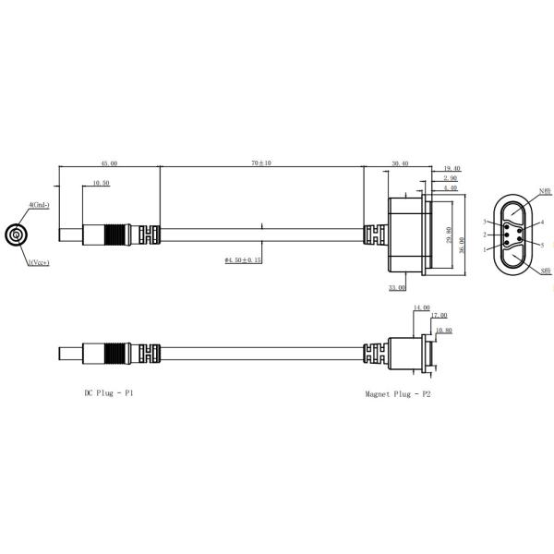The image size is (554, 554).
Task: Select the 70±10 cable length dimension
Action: [260, 163]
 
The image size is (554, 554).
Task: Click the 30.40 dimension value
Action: [399, 163]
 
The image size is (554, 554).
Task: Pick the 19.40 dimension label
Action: [452, 168]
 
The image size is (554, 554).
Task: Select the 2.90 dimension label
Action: [452, 177]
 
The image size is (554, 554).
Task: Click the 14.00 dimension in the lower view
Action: [421, 307]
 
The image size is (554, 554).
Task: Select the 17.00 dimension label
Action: [438, 317]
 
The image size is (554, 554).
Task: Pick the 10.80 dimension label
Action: [443, 329]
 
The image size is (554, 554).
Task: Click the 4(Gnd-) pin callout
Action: [39, 204]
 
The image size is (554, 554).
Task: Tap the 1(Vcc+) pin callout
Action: [39, 262]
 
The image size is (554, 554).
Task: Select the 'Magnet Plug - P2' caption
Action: [397, 393]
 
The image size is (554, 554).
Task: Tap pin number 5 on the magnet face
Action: [543, 244]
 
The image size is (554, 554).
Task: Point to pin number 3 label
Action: [485, 223]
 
